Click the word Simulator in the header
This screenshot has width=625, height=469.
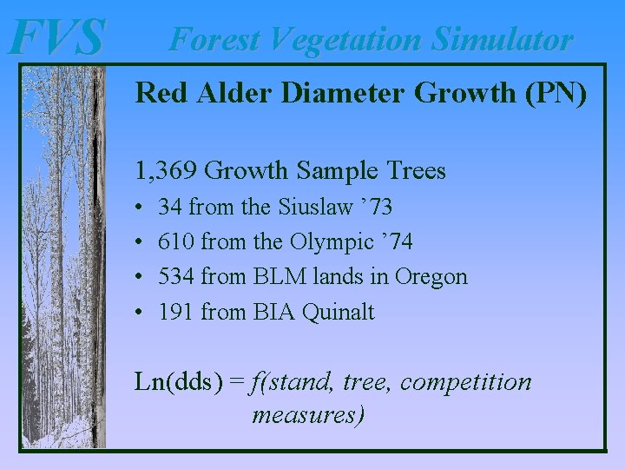click(503, 39)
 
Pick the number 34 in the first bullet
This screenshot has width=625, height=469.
click(170, 207)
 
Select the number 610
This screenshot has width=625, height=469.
click(176, 241)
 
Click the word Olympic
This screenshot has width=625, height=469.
click(327, 242)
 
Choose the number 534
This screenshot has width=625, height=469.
click(176, 276)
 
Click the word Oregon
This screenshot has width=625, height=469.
click(431, 277)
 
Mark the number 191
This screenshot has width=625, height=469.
click(176, 311)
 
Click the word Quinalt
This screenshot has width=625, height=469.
click(339, 312)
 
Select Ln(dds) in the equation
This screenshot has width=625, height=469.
click(178, 382)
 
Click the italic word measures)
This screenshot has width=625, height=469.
click(308, 414)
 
